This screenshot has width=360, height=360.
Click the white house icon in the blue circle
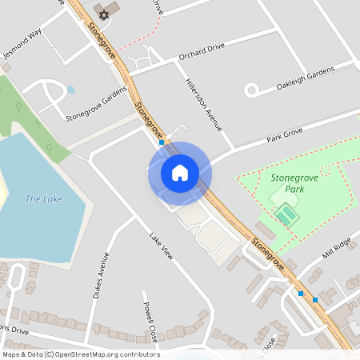click(x=179, y=173)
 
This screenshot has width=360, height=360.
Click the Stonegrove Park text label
click(x=294, y=183)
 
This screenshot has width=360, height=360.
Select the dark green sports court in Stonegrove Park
click(x=285, y=214)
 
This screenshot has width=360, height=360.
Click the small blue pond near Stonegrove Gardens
click(x=70, y=90)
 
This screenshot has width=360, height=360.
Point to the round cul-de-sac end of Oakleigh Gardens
click(x=251, y=90)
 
